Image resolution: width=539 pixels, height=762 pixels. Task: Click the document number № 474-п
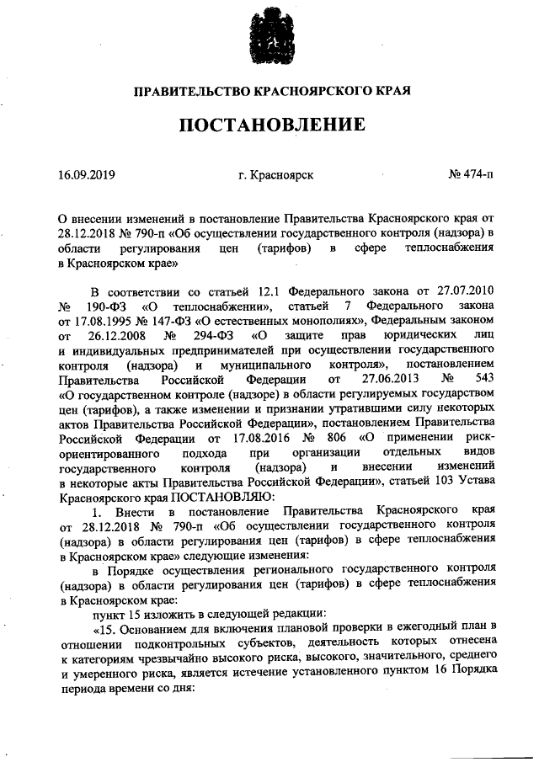coord(472,175)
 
